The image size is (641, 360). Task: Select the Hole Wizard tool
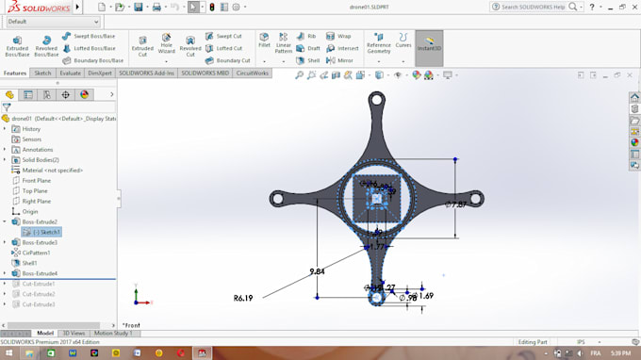[x=166, y=43]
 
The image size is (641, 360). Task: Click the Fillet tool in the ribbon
[x=264, y=43]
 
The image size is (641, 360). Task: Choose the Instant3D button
[x=429, y=45]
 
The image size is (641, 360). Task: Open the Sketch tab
[x=42, y=73]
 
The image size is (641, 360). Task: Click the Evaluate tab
[x=70, y=73]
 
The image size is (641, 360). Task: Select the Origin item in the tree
[x=30, y=211]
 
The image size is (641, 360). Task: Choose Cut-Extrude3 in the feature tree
[x=39, y=304]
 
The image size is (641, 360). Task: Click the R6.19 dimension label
[x=243, y=298]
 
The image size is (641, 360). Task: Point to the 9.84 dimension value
[x=318, y=271]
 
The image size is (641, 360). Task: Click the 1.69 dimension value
[x=425, y=296]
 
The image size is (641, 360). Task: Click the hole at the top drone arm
[x=376, y=99]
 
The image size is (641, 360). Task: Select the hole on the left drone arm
[x=277, y=199]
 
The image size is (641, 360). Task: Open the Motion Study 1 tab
[x=112, y=333]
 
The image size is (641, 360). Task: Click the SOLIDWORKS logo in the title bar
[x=34, y=7]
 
